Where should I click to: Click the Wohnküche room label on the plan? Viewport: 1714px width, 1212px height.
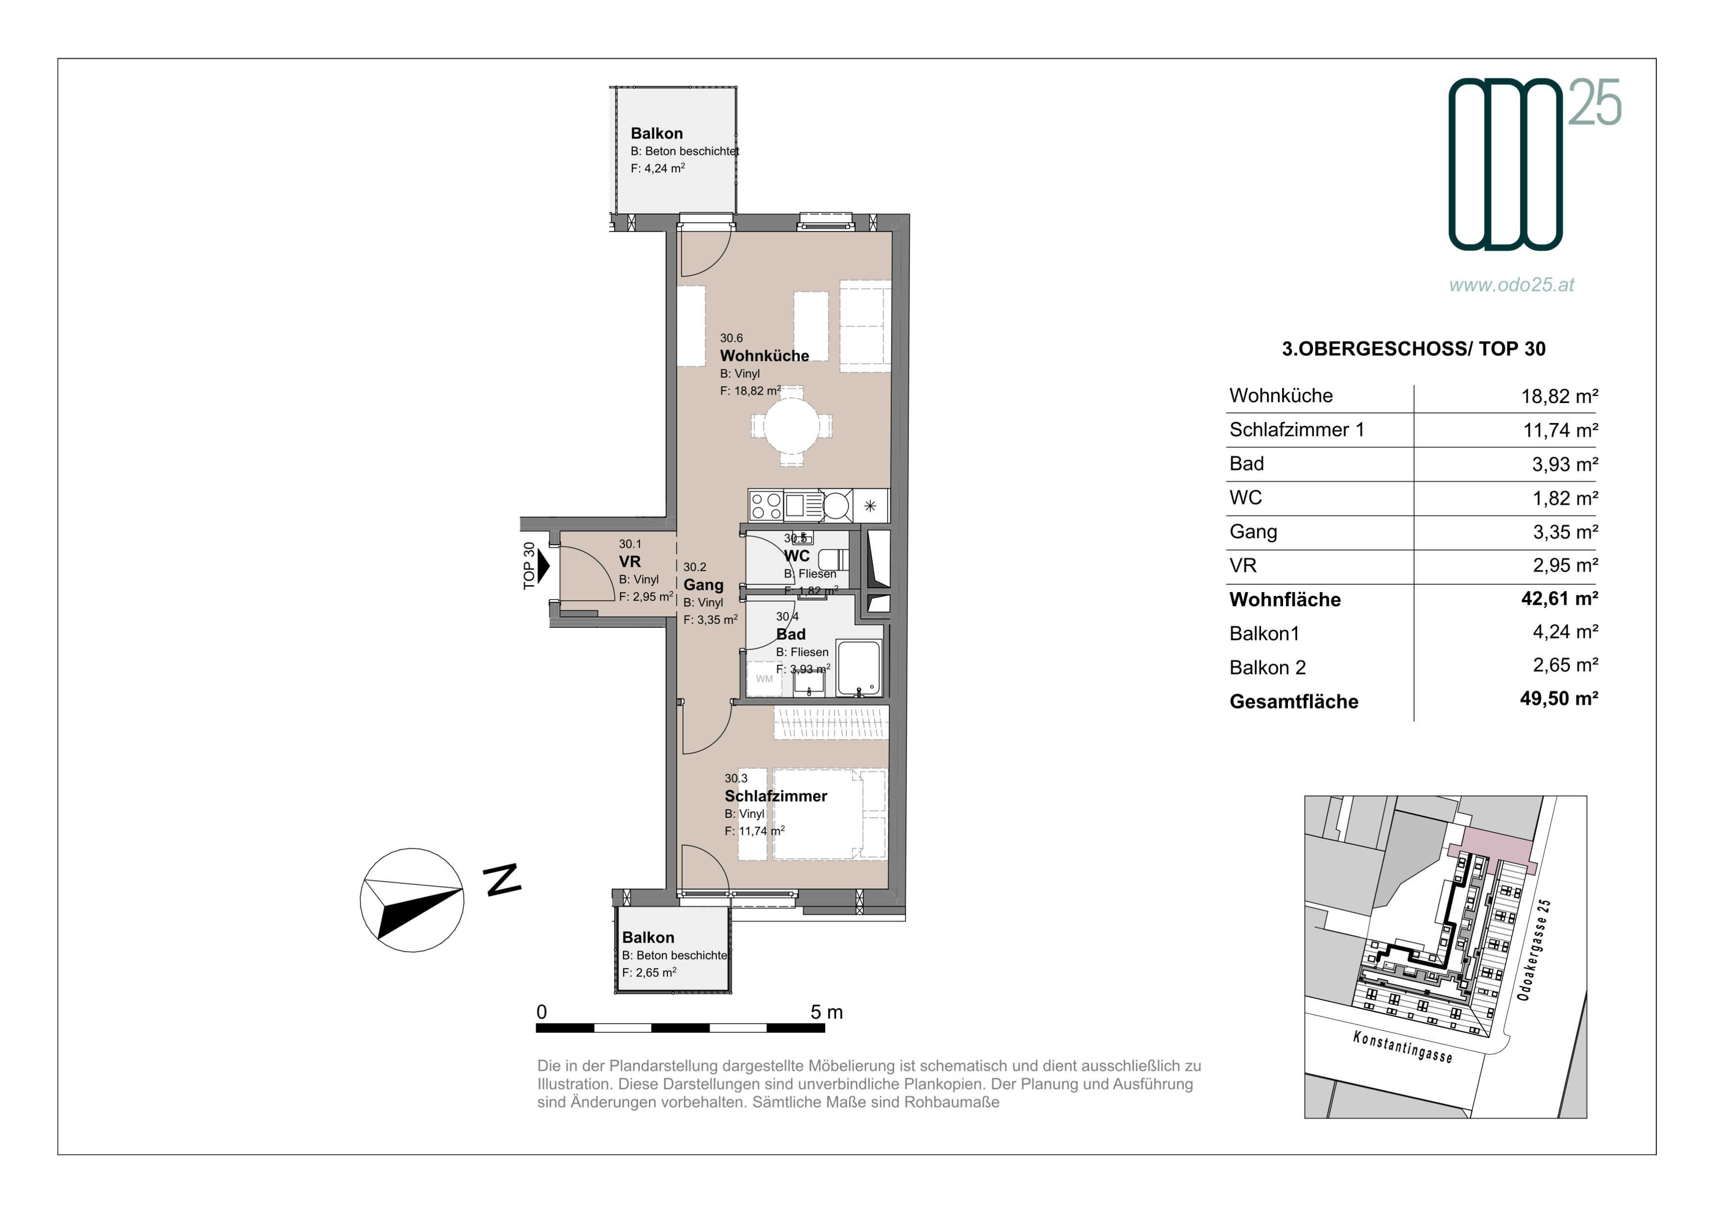[764, 356]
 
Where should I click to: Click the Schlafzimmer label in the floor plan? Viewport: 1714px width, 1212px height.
[776, 796]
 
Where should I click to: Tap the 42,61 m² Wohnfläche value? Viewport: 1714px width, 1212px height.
[1559, 598]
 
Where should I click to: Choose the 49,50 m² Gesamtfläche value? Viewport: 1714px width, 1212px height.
[1559, 698]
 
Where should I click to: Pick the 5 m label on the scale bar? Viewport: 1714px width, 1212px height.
[827, 1013]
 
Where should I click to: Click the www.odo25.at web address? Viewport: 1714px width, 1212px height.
[1512, 285]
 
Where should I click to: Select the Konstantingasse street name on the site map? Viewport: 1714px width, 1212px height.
[1403, 1046]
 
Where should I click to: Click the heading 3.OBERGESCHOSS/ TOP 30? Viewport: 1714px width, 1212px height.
[1414, 349]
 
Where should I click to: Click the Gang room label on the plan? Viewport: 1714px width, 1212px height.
[703, 585]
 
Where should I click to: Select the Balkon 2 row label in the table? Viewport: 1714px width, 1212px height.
[1267, 667]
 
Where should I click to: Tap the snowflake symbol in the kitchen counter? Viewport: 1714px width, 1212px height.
[870, 506]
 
